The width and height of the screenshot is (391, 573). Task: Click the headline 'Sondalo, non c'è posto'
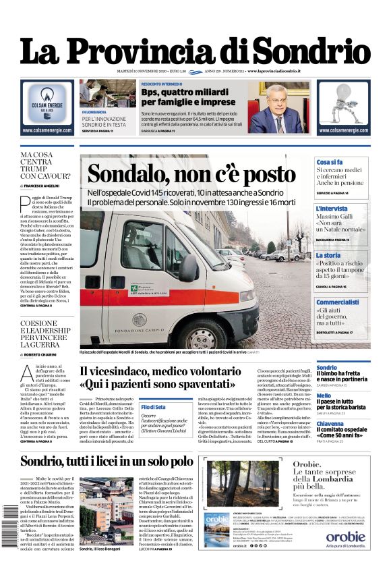tap(191, 173)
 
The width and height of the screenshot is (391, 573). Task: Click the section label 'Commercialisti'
tap(338, 302)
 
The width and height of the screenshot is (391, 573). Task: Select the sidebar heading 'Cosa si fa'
tap(330, 163)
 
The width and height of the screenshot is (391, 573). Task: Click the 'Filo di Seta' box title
tap(154, 407)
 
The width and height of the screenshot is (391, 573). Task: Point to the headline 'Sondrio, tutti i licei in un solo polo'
tap(107, 462)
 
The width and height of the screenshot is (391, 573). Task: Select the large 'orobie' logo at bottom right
tap(345, 537)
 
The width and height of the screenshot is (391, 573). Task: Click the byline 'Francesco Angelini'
tap(42, 184)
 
